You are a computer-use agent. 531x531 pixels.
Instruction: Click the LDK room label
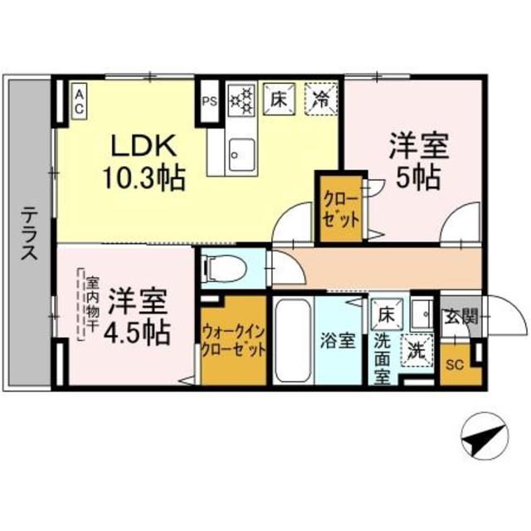coord(146,146)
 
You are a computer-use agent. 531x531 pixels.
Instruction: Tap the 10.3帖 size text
coord(144,177)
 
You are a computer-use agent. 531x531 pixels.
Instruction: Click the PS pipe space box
coord(208,103)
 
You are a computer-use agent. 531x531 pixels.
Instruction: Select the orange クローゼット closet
coord(342,212)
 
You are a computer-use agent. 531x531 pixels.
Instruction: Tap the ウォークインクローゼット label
coord(234,340)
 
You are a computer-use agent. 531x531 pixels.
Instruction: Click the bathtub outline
coord(293,340)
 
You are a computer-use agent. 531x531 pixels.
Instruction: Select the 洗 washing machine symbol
coord(414,349)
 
